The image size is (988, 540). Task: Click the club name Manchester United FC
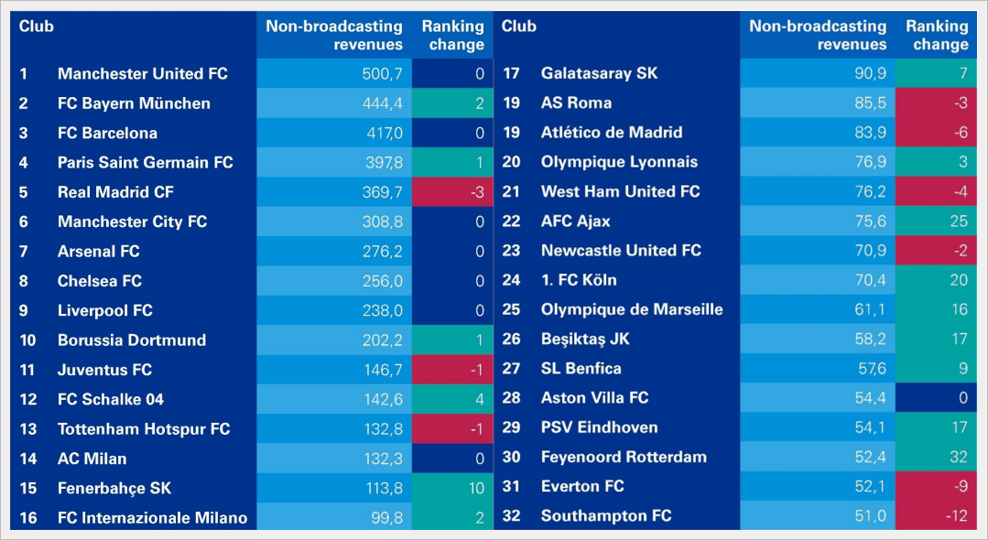click(142, 74)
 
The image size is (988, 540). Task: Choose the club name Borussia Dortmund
click(131, 340)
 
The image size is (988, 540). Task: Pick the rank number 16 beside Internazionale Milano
click(28, 518)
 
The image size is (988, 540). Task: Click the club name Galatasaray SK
click(599, 73)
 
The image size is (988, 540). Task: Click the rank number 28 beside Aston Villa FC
click(511, 398)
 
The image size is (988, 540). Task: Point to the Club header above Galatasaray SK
click(518, 27)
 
